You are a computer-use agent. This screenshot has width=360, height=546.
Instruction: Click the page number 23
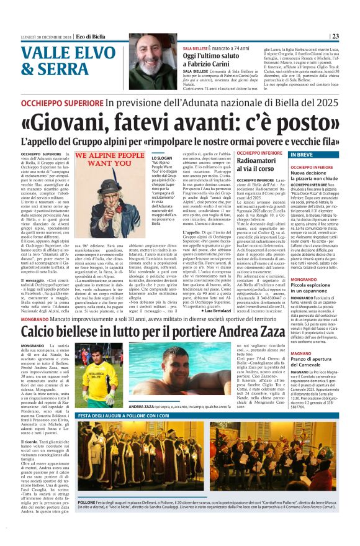point(351,36)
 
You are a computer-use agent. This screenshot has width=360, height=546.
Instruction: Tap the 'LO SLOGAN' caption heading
point(161,159)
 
